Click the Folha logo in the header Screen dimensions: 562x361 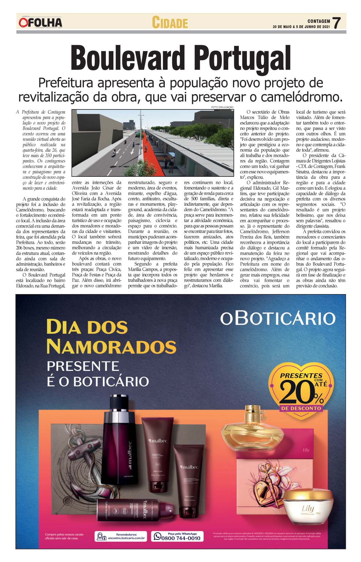[40, 23]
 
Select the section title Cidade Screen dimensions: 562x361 [169, 23]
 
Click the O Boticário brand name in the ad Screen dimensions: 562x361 [277, 318]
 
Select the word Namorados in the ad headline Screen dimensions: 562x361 [111, 346]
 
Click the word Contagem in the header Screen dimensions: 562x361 [319, 21]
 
